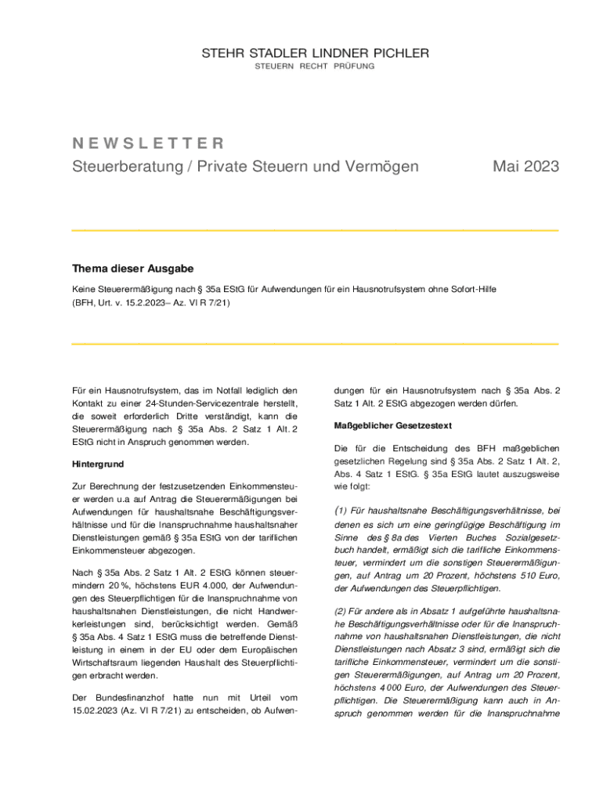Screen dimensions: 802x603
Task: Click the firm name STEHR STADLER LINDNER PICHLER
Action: [316, 53]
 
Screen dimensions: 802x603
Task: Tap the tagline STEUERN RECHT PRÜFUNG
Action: [315, 66]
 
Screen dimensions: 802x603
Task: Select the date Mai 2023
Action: [525, 166]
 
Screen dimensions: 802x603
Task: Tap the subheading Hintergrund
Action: [98, 464]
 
